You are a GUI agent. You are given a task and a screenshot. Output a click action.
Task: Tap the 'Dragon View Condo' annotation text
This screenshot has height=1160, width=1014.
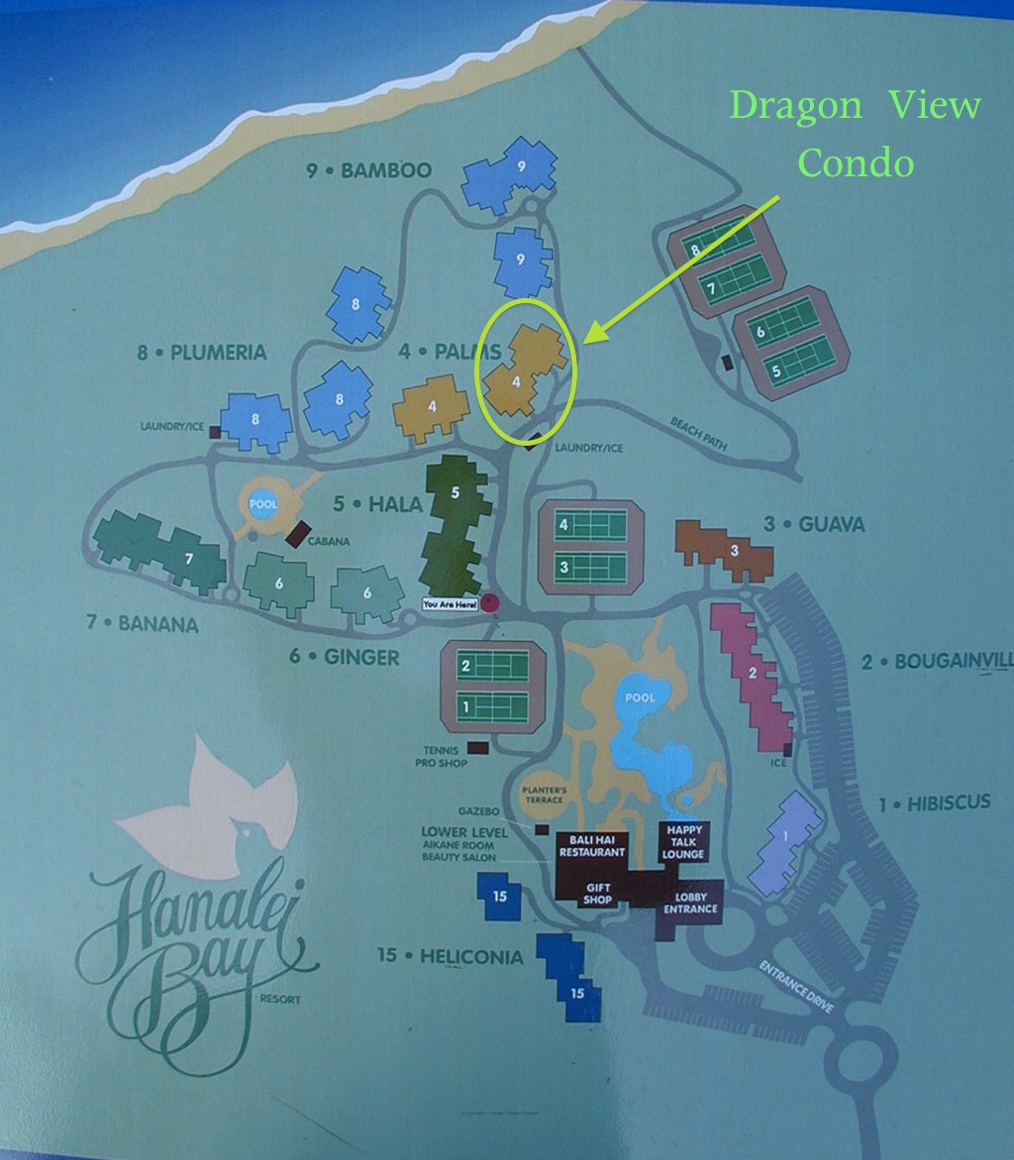pos(856,134)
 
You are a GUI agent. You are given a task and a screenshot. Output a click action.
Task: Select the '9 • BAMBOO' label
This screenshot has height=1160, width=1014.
pos(369,171)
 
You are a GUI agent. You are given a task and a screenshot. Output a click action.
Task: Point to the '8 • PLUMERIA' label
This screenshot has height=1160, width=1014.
pos(203,352)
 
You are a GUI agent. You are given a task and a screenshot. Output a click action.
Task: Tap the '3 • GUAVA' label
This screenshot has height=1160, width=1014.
pos(814,524)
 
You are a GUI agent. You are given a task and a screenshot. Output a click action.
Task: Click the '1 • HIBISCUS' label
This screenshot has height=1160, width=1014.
pos(934,803)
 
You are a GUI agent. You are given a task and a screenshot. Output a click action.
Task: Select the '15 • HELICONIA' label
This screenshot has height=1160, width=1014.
pos(450,957)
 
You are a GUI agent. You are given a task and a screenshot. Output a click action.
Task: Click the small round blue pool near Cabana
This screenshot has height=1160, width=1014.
pos(263,503)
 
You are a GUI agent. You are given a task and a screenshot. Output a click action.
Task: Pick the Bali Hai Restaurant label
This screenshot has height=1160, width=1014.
pos(591,845)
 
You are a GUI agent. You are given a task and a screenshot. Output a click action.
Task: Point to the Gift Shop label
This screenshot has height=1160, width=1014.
pos(598,894)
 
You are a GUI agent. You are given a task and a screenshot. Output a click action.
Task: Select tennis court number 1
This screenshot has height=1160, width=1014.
pos(492,706)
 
